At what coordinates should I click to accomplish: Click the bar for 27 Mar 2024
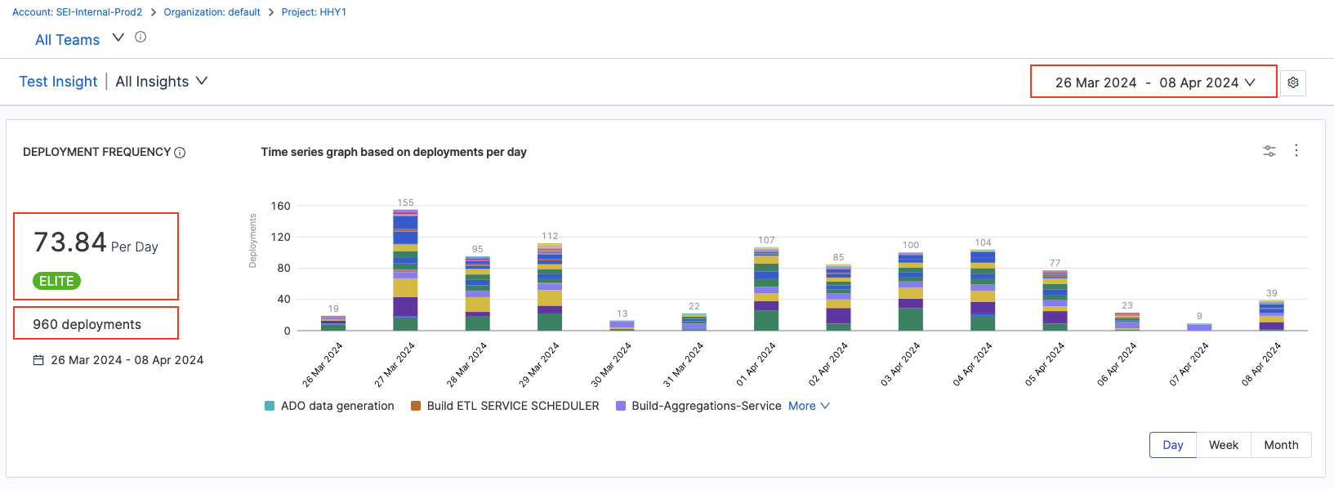point(405,270)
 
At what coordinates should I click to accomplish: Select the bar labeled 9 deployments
point(1199,327)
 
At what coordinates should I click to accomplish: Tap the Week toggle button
point(1223,445)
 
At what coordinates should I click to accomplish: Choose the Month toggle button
point(1280,445)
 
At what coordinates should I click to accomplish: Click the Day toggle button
point(1173,445)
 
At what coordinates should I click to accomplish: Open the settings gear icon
point(1293,82)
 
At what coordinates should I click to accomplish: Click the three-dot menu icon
point(1296,150)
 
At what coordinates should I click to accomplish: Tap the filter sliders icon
point(1269,151)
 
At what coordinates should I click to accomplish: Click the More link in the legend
point(808,406)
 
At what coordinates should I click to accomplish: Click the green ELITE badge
point(57,281)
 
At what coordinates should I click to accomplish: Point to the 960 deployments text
point(87,324)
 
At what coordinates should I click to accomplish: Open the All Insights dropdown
point(161,82)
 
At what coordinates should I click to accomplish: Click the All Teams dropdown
point(79,39)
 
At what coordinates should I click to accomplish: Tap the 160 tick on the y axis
point(280,206)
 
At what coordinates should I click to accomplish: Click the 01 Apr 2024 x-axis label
point(756,365)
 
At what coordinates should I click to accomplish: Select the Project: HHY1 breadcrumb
point(314,12)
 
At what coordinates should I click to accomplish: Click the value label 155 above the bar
point(405,202)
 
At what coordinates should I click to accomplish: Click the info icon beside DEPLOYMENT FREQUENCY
point(180,153)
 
